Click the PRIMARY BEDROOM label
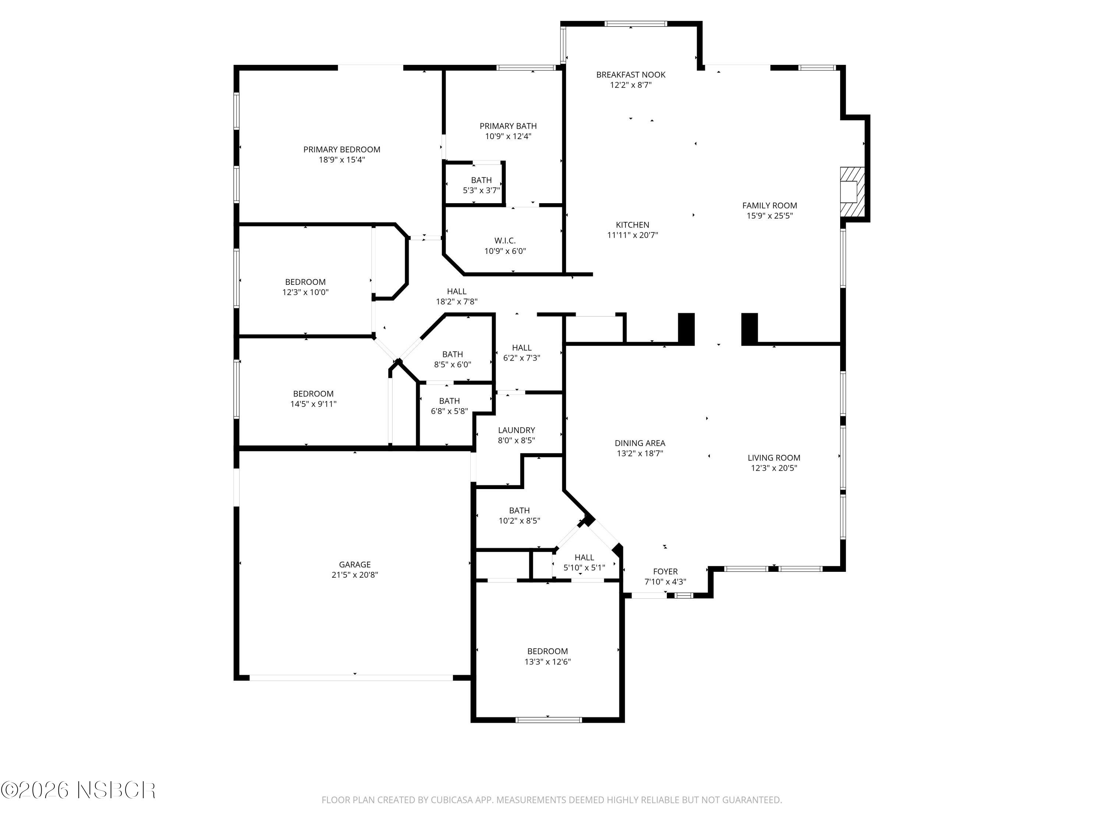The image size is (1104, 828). click(342, 149)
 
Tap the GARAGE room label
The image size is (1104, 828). click(355, 565)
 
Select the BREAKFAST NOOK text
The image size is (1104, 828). click(631, 75)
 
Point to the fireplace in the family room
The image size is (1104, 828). click(852, 192)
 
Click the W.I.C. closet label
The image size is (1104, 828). click(505, 241)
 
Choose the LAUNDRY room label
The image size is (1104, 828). click(517, 430)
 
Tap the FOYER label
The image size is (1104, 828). click(665, 572)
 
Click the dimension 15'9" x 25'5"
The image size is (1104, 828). click(769, 216)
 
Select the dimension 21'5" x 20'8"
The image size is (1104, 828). click(355, 575)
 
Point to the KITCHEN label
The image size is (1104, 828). click(632, 225)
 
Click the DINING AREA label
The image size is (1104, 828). click(640, 443)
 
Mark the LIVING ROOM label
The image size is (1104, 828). click(774, 458)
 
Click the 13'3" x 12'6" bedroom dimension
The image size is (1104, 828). click(548, 662)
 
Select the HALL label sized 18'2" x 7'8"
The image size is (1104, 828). click(457, 291)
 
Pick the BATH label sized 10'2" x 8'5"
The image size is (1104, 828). click(519, 510)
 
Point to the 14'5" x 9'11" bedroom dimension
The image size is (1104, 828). click(314, 404)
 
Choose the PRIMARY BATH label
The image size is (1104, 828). click(508, 126)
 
